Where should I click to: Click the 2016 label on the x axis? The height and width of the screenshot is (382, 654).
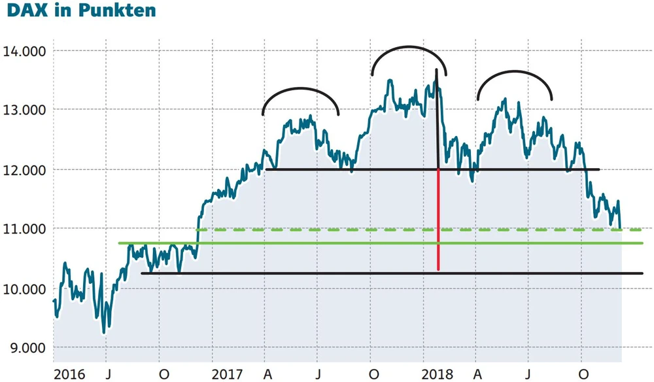click(x=69, y=373)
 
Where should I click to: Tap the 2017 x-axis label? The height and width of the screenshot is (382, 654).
click(x=228, y=373)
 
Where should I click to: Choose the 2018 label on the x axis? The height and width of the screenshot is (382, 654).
click(x=437, y=373)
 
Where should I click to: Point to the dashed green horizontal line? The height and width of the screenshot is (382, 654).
click(x=327, y=230)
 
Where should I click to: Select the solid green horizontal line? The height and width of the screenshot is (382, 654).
click(x=327, y=243)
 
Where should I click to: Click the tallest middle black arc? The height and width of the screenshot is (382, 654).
click(x=409, y=47)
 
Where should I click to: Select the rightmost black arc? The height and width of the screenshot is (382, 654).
click(x=515, y=71)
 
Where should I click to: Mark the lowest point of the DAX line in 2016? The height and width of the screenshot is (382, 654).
click(x=104, y=332)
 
